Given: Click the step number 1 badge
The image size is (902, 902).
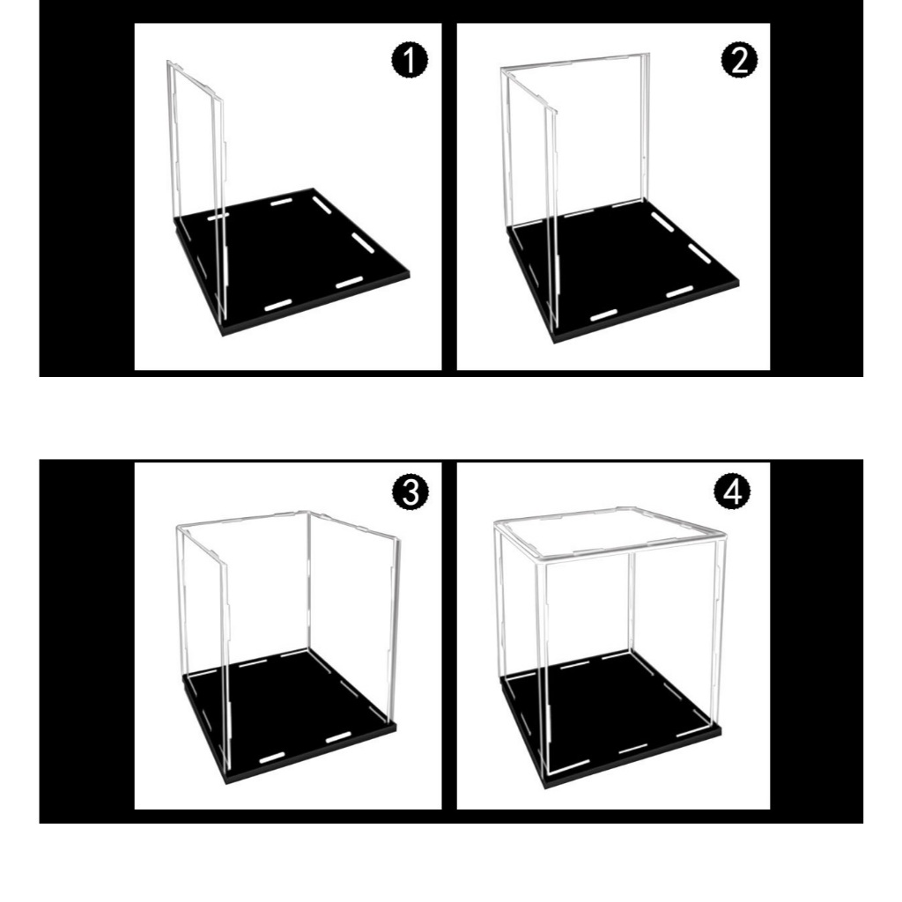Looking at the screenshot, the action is click(410, 61).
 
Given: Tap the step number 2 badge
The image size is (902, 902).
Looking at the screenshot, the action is click(739, 60).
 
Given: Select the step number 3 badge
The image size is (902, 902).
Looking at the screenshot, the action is click(410, 492).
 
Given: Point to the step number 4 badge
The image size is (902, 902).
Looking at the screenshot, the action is click(732, 492).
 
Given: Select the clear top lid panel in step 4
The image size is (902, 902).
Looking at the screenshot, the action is click(610, 533).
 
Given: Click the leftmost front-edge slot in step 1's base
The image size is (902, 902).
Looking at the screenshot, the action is click(277, 305).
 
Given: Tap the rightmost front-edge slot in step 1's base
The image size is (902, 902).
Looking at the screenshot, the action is click(349, 283).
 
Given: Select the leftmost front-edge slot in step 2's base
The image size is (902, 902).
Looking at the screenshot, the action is click(604, 314).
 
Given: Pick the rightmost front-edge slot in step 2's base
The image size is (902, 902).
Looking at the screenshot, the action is click(679, 292).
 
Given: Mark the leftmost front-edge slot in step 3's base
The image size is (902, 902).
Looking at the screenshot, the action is click(272, 757).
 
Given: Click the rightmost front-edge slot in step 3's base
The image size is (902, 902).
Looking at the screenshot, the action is click(338, 737).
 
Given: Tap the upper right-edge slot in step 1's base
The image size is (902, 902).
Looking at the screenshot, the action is click(322, 204).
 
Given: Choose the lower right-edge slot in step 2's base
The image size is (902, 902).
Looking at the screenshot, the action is click(699, 254).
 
